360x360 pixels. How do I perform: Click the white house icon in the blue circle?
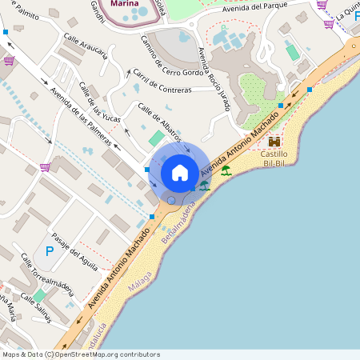click(x=180, y=173)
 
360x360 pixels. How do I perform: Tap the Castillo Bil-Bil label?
click(x=274, y=158)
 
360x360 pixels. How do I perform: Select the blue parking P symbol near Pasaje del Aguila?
click(x=50, y=251)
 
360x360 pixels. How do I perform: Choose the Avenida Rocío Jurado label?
click(x=215, y=81)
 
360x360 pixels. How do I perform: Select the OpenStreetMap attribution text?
click(x=80, y=354)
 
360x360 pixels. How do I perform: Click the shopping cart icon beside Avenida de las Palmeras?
click(x=45, y=167)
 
